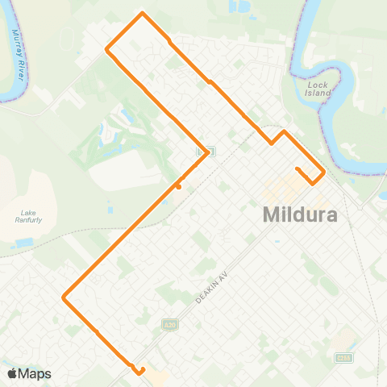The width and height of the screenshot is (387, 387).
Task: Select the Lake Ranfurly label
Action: (x=27, y=217)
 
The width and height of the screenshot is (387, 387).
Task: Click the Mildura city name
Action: (x=299, y=217)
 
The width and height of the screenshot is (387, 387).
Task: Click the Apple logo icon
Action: (x=12, y=373)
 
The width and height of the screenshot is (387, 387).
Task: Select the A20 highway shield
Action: (x=169, y=324)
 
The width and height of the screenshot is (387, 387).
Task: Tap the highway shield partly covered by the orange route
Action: (x=208, y=152)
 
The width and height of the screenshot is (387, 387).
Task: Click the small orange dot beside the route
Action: (x=178, y=187)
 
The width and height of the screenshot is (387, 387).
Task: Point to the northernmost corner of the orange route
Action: (x=143, y=14)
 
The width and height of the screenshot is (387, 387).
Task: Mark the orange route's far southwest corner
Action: (x=64, y=298)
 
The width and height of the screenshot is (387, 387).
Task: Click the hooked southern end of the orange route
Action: (x=140, y=372)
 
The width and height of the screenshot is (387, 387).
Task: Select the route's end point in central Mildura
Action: (x=297, y=169)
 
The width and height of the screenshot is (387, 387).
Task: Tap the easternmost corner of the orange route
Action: (x=323, y=173)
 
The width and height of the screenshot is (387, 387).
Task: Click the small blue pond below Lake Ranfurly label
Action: (x=24, y=242)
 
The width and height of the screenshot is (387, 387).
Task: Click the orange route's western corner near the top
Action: (x=107, y=49)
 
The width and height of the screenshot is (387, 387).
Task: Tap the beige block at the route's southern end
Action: (x=156, y=376)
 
